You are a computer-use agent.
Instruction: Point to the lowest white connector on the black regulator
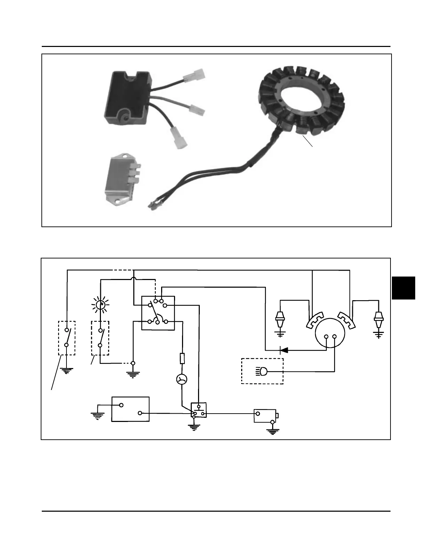point(178,138)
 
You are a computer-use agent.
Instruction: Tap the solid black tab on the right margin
point(403,288)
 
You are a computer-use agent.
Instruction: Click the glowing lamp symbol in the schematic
point(100,305)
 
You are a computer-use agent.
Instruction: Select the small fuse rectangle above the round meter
point(182,359)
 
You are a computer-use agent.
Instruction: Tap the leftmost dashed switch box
point(66,338)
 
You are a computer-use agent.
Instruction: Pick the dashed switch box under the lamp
point(100,338)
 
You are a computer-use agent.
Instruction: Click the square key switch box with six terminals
point(158,313)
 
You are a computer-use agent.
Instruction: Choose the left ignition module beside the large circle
point(315,320)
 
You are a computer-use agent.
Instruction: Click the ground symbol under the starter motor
point(273,432)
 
